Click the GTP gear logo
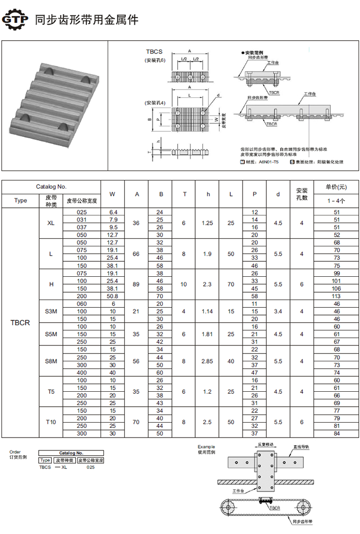click(x=15, y=20)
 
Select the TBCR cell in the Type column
click(x=21, y=323)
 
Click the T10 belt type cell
click(x=51, y=422)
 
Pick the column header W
click(x=113, y=194)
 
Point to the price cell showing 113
click(x=337, y=296)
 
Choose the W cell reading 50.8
click(x=113, y=296)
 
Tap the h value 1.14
click(x=209, y=311)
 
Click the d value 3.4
click(x=278, y=311)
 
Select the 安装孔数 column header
click(x=302, y=194)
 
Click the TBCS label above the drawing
click(x=154, y=52)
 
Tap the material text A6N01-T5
click(x=269, y=162)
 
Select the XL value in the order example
click(x=64, y=467)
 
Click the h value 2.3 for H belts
click(x=209, y=285)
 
